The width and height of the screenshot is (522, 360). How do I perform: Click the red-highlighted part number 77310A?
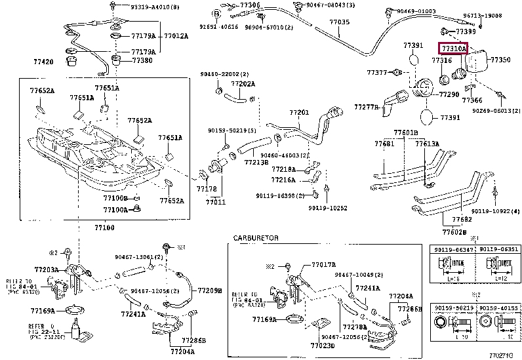point(452,49)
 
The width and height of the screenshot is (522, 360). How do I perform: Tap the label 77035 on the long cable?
point(339,22)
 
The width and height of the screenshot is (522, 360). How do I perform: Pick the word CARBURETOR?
point(256,237)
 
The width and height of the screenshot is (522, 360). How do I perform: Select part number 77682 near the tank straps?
point(462,219)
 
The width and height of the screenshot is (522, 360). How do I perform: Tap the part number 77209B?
point(210,290)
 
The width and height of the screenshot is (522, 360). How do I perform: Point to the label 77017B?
point(323,264)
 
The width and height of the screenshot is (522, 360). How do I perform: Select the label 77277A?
point(366,106)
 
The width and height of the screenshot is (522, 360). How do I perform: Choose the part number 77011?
point(215,202)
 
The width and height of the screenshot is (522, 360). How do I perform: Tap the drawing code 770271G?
point(504,354)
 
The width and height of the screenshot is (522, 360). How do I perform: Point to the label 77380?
point(142,60)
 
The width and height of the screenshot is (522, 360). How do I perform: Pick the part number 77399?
point(466,31)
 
